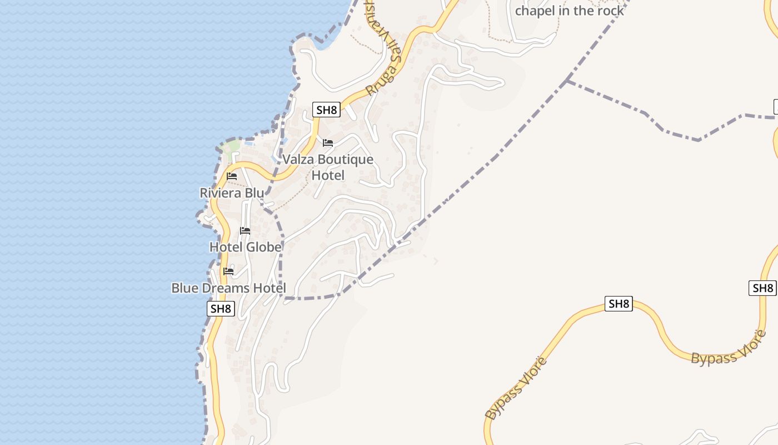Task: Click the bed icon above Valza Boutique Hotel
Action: pos(328,143)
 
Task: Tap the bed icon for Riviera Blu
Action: pos(232,176)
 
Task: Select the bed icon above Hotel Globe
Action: pos(245,230)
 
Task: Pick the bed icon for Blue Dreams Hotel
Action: pos(228,271)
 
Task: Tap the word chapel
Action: pos(534,11)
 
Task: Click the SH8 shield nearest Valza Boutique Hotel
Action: pos(326,110)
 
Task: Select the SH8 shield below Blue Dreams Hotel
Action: pos(221,309)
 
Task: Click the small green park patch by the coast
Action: pos(231,147)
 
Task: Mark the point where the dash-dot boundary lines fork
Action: pos(567,81)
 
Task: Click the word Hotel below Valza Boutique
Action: pos(328,176)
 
